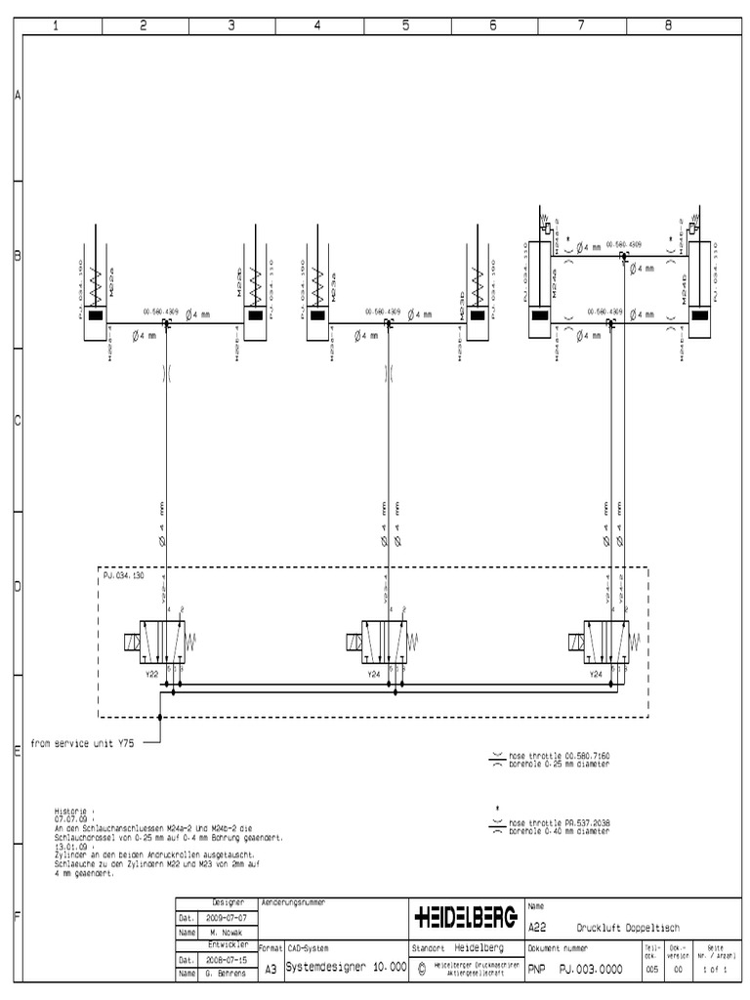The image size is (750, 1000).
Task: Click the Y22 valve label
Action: (150, 674)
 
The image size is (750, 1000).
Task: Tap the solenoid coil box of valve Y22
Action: (128, 644)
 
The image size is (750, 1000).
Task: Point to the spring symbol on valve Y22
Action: (192, 642)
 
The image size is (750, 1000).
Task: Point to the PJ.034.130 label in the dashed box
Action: (124, 576)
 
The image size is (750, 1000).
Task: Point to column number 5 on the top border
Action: (405, 26)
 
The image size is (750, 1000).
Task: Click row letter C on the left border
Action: (17, 422)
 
